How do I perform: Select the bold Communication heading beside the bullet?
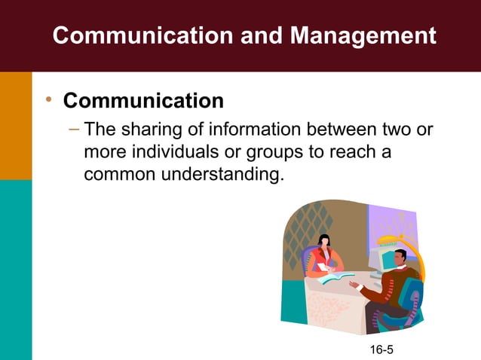click(143, 100)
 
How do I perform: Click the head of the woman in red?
click(324, 242)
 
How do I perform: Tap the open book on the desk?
click(336, 277)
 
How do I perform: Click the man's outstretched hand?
click(353, 285)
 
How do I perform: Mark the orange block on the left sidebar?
click(16, 125)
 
